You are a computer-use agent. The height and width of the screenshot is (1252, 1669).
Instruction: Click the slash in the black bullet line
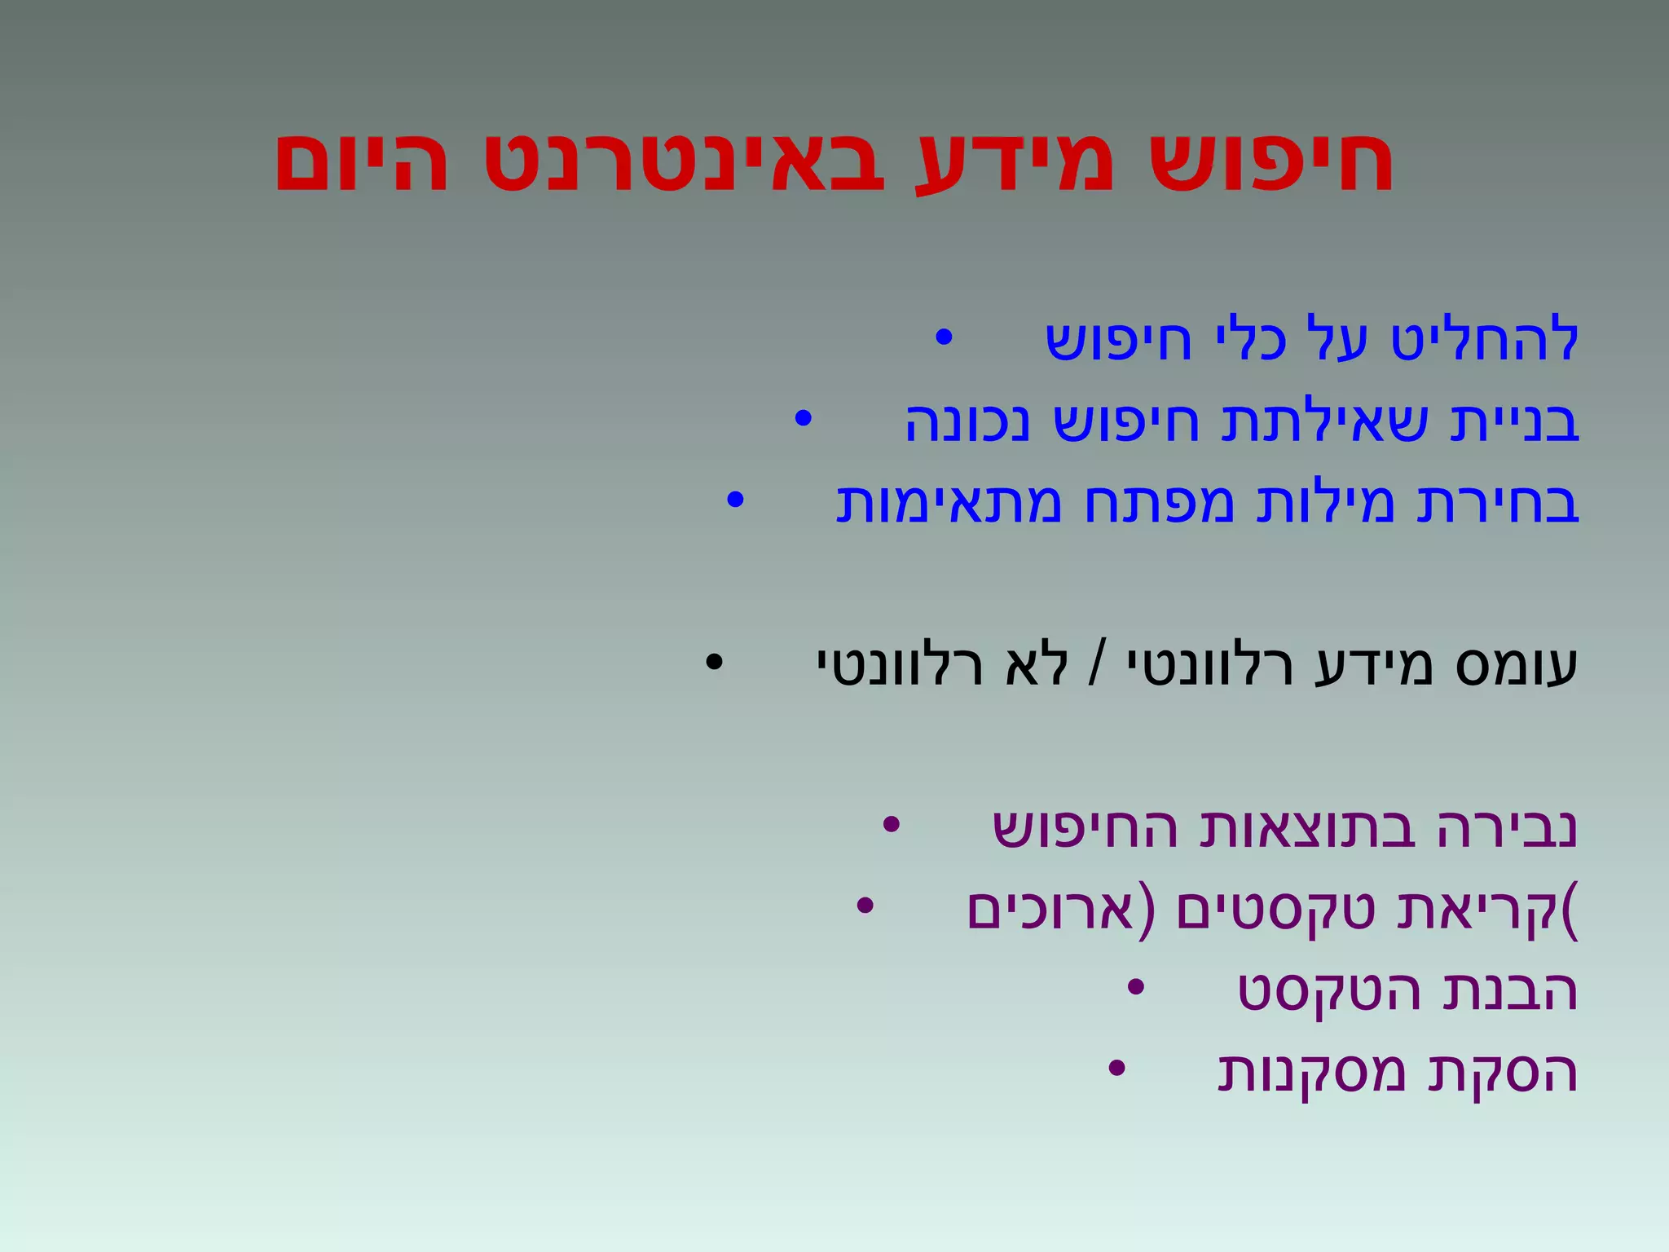1097,667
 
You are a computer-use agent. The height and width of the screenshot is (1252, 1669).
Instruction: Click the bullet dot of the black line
714,663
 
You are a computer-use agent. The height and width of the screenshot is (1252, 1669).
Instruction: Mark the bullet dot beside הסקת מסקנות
1116,1069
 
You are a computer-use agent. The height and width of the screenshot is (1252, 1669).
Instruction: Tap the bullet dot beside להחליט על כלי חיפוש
943,337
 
